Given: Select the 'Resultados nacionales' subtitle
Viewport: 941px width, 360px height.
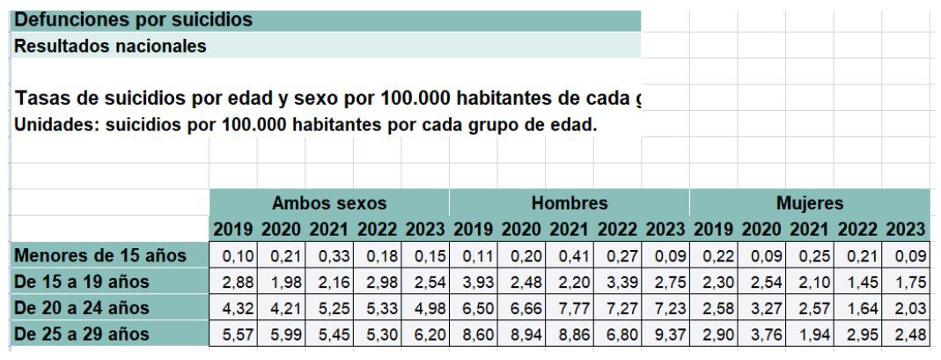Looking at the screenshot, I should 110,45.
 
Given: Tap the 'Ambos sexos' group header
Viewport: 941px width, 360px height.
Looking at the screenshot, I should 328,203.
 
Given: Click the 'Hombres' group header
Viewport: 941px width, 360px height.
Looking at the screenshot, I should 569,203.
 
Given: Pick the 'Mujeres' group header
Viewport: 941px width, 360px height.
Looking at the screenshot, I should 809,203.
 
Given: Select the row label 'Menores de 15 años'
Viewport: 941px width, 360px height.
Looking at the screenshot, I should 101,256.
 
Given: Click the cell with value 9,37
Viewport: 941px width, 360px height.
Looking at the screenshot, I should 665,334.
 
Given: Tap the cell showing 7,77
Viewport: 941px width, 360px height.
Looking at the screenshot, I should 570,308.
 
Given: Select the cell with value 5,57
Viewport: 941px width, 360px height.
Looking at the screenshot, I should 233,334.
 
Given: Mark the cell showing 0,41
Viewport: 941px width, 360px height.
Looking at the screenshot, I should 570,256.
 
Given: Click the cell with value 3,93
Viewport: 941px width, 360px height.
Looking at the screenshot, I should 474,283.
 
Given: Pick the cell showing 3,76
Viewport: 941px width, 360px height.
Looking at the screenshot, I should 761,334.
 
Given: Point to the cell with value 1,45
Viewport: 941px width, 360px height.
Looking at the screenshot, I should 857,283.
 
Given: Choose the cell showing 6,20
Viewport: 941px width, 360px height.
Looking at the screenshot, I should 425,334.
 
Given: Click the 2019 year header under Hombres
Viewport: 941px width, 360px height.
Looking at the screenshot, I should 474,230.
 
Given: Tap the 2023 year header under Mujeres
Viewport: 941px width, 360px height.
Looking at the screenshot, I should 906,230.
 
